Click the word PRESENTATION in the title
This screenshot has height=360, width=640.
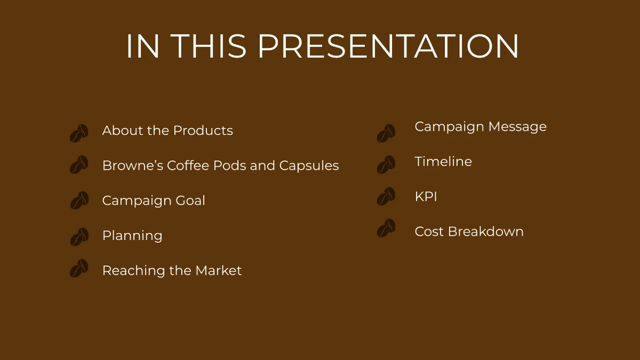click(388, 46)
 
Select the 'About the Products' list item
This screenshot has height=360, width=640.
click(167, 131)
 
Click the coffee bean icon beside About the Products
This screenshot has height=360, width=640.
click(79, 133)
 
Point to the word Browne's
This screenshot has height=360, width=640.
click(132, 166)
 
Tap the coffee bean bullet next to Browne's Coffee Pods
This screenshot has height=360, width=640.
click(79, 165)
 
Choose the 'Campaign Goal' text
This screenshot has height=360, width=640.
click(154, 201)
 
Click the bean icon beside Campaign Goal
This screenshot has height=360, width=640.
click(79, 201)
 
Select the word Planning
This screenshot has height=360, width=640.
click(132, 236)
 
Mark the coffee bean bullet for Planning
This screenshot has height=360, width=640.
click(79, 237)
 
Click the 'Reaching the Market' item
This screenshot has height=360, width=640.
click(172, 271)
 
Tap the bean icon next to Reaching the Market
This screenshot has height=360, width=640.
click(79, 268)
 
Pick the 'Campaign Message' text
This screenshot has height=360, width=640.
click(481, 127)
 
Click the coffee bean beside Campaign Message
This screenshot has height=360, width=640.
click(386, 133)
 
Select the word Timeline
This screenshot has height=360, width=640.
click(443, 162)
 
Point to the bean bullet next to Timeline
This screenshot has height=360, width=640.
click(386, 165)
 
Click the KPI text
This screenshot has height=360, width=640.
click(426, 197)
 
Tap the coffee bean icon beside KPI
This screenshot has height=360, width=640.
click(386, 196)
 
